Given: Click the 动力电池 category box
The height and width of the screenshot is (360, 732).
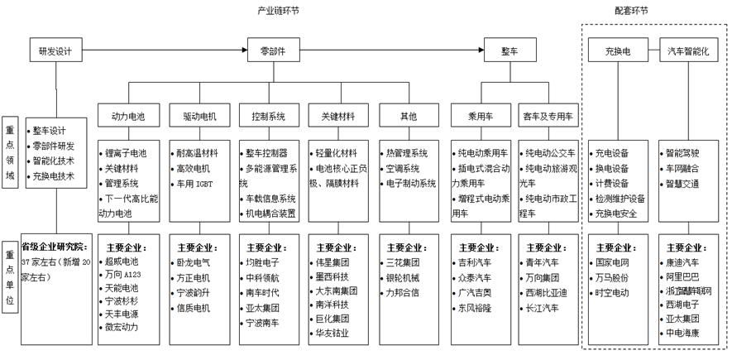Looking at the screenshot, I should [127, 117].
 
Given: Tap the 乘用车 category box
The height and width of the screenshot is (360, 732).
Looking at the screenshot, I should [480, 117].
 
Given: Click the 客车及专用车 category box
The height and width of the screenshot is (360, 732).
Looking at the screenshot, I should [548, 117].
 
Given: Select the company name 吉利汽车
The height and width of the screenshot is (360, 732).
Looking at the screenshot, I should [474, 262].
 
